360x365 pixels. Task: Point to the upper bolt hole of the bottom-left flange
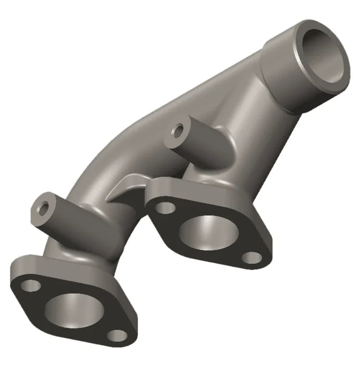32,285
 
